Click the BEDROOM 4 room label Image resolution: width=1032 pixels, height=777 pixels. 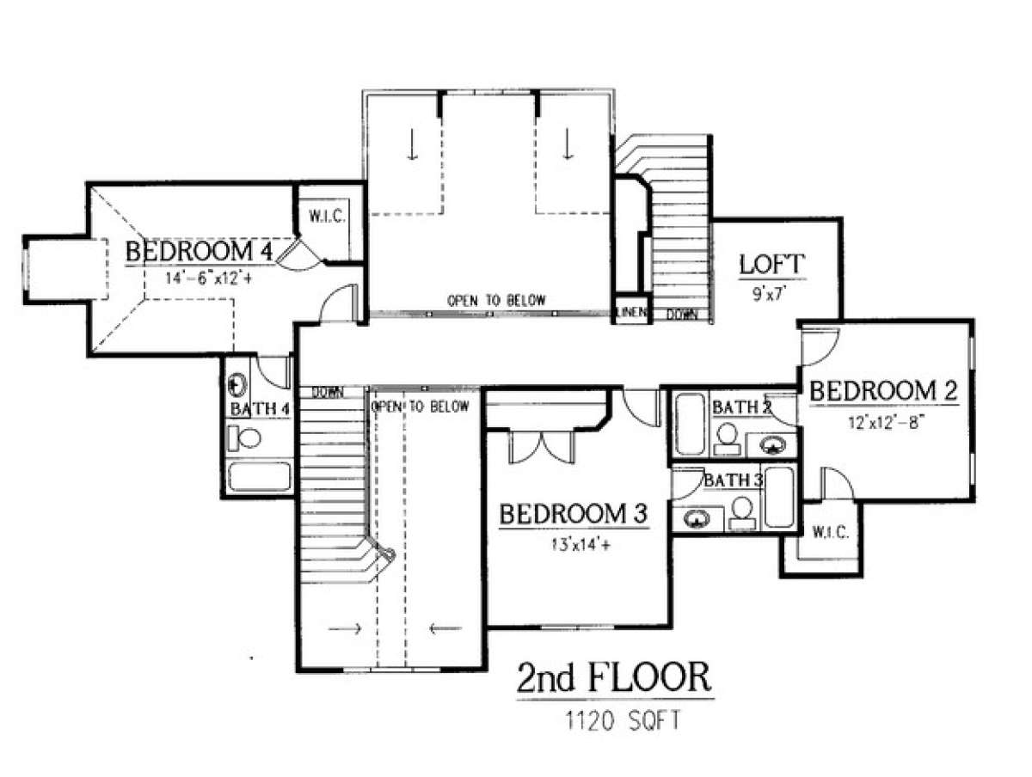pos(199,251)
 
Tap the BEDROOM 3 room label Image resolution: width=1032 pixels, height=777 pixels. pos(573,513)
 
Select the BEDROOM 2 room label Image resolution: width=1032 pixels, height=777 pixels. pos(883,390)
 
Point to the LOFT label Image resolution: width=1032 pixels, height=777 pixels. pos(771,264)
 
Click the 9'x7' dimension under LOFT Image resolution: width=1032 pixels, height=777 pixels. pos(770,295)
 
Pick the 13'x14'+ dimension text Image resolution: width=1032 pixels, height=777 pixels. pos(581,546)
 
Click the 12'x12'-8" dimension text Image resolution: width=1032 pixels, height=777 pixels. pos(883,422)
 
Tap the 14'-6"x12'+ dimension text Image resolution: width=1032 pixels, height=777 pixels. pos(208,278)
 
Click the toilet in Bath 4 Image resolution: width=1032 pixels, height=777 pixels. pos(244,438)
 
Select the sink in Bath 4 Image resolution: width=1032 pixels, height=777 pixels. pos(237,385)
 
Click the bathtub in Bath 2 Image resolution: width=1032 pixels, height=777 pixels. pos(690,425)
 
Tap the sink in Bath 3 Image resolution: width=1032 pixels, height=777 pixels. pos(697,518)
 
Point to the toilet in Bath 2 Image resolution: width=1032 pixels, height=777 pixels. pos(728,438)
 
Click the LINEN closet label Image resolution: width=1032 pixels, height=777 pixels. pos(631,312)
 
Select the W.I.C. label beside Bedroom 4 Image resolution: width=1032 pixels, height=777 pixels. pos(328,217)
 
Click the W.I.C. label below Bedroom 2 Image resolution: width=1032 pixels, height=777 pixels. pos(830,532)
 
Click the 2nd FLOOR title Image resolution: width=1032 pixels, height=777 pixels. pos(614,678)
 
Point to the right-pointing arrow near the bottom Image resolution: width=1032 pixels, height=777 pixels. pos(345,628)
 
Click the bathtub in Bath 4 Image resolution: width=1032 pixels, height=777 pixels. pos(260,476)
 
